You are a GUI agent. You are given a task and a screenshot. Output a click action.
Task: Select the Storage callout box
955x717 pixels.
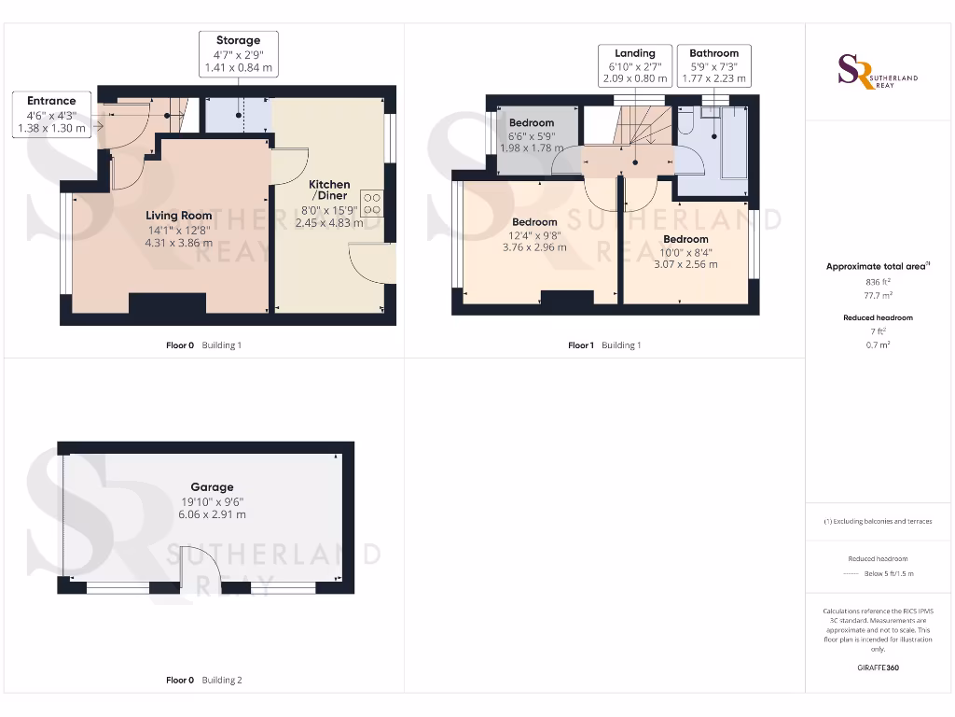[x=238, y=54]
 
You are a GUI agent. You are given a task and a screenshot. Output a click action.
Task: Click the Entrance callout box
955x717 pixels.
[x=51, y=114]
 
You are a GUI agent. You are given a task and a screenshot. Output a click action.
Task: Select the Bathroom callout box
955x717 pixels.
[x=713, y=65]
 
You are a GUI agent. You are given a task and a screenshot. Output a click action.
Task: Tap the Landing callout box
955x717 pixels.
[x=634, y=65]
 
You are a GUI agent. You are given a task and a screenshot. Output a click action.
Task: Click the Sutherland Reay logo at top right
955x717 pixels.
[x=877, y=73]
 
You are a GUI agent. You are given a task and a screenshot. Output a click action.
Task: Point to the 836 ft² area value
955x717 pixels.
[x=878, y=281]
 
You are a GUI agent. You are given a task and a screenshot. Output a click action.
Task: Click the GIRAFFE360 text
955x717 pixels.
[x=878, y=668]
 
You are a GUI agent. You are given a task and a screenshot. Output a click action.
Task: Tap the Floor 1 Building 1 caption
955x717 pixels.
[x=604, y=345]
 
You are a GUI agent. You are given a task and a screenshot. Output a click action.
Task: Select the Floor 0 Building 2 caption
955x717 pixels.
[x=203, y=681]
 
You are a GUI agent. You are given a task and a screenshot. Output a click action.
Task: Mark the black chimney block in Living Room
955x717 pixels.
[x=167, y=305]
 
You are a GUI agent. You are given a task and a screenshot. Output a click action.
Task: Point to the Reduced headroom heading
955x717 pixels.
[x=878, y=317]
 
